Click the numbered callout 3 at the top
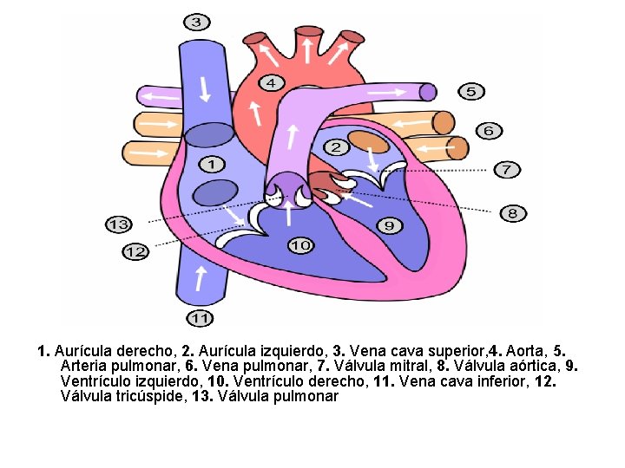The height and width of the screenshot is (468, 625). click(197, 22)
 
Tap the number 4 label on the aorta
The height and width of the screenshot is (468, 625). click(272, 83)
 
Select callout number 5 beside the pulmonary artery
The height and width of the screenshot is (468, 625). click(470, 91)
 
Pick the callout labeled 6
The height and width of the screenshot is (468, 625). click(489, 130)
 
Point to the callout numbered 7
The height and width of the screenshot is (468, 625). click(507, 169)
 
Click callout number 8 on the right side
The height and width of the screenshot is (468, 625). click(513, 212)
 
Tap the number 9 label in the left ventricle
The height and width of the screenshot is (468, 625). click(390, 225)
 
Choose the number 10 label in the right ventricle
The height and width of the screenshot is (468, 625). click(300, 246)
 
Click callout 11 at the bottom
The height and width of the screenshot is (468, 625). click(201, 318)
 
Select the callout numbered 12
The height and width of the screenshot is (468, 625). click(135, 251)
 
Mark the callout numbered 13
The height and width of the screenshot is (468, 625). click(119, 224)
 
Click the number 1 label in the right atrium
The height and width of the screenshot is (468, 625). click(212, 164)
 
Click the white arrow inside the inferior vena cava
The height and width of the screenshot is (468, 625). click(201, 277)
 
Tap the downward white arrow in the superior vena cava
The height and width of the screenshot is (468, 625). click(206, 88)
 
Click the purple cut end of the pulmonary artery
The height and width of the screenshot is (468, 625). click(427, 91)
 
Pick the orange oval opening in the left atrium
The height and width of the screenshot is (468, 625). click(368, 141)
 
